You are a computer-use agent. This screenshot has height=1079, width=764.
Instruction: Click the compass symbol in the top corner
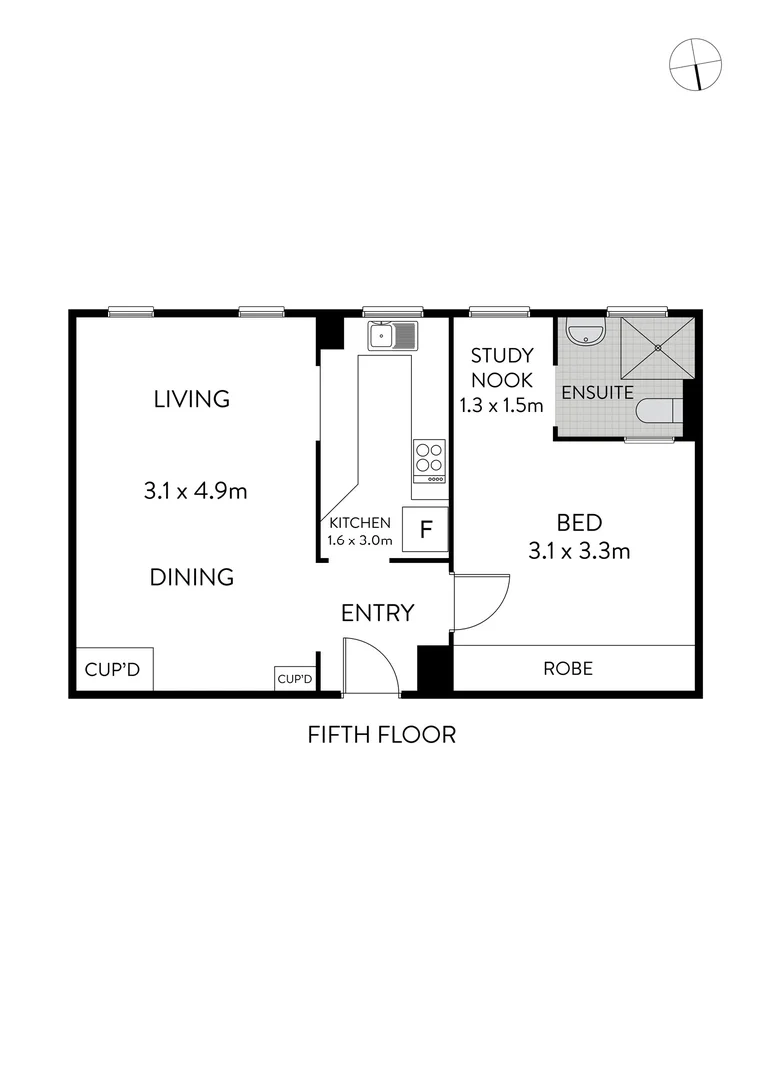pos(695,65)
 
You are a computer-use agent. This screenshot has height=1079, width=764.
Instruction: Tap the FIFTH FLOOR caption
pos(381,735)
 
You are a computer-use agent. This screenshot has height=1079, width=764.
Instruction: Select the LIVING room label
pos(191,399)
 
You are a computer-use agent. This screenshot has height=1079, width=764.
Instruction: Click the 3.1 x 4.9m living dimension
pos(195,490)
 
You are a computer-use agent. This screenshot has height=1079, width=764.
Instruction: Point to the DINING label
pos(192,577)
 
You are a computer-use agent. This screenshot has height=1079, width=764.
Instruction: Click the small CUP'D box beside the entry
pos(295,679)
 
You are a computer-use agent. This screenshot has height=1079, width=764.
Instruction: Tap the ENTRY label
pos(377,613)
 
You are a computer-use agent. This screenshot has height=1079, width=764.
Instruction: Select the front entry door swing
pos(366,663)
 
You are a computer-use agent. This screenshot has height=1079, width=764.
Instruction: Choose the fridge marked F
pos(425,530)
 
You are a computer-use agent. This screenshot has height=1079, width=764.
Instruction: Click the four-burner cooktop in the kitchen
pos(430,458)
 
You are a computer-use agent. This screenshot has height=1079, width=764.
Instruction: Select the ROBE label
pos(567,669)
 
